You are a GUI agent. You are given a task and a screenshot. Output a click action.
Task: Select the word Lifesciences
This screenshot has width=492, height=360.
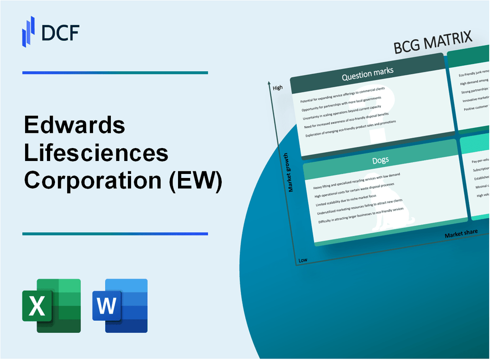pos(96,153)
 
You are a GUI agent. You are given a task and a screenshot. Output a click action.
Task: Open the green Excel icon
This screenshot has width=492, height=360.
pos(51,305)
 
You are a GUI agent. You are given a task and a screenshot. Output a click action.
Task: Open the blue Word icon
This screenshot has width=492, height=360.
pos(120,305)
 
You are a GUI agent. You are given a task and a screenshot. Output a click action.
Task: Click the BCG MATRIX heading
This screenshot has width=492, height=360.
pos(433,43)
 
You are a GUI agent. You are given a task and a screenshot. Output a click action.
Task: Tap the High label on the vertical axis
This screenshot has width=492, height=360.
pos(278,88)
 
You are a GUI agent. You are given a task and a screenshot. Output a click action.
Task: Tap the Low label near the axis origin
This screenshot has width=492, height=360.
pos(303,259)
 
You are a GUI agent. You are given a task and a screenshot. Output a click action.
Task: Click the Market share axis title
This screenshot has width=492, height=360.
pos(461,233)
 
